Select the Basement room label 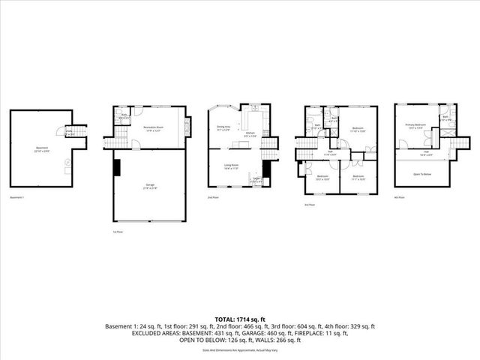[x=42, y=148]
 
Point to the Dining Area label [x=224, y=128]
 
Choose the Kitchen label [x=251, y=133]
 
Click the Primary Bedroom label [x=415, y=125]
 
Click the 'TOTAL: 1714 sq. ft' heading [x=239, y=319]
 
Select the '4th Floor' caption [x=399, y=197]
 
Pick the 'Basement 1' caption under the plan [x=17, y=197]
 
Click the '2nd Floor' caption [x=214, y=197]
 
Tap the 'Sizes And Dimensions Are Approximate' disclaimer [x=239, y=349]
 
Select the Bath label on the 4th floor [x=445, y=118]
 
